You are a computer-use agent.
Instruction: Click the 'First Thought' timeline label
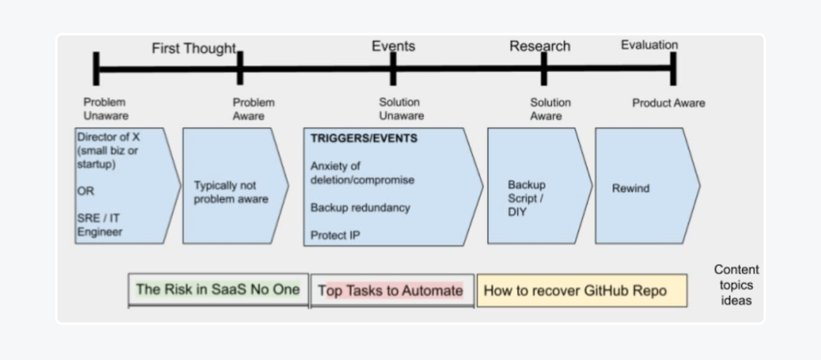point(194,49)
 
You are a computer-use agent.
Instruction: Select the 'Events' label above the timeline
point(393,46)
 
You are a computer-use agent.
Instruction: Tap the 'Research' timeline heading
point(540,46)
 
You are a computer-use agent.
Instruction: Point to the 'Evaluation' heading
point(649,45)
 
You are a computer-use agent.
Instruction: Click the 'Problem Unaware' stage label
point(106,108)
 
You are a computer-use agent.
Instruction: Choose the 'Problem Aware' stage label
point(253,108)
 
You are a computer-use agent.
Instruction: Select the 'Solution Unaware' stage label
point(401,108)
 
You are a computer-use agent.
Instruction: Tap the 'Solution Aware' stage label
point(550,108)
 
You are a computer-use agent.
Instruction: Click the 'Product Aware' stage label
point(669,103)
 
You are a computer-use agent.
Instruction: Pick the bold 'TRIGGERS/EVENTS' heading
point(364,139)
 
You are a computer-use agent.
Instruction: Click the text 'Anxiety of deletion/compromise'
point(362,173)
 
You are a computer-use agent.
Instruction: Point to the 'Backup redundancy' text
point(360,208)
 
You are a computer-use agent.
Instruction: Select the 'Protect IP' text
point(335,235)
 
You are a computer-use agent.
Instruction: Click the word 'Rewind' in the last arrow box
point(630,189)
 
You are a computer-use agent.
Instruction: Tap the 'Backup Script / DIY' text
point(526,198)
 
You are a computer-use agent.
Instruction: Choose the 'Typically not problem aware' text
point(230,192)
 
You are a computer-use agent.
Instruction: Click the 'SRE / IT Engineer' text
point(100,225)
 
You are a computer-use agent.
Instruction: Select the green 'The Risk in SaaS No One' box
point(218,290)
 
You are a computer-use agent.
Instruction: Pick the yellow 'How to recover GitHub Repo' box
point(581,290)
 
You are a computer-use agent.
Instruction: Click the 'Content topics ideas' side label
point(736,285)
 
